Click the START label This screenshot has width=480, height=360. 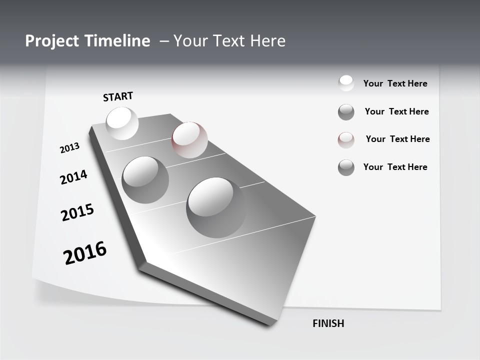coord(118,96)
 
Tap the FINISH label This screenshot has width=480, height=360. coord(328,323)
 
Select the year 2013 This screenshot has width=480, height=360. coord(69,148)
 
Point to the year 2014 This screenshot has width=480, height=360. coord(73,177)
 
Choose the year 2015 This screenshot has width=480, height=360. coord(77,212)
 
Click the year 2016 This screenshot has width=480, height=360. coord(85,253)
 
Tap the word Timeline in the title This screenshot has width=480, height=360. coord(118,41)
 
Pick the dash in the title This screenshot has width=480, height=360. coord(164,41)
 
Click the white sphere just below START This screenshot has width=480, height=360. coord(122,123)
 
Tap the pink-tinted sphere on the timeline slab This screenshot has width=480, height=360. coord(189,139)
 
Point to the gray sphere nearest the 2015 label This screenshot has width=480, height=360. coord(145,179)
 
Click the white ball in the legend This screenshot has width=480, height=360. coord(346,83)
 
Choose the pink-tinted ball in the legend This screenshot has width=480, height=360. coord(346,140)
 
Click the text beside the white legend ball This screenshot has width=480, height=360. coord(395,83)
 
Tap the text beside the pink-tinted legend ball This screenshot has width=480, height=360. coord(397,139)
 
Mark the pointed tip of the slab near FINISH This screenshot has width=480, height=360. coord(270,324)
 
